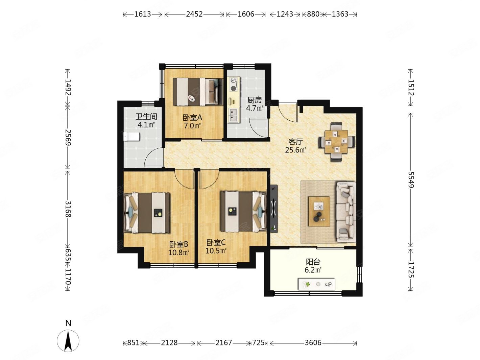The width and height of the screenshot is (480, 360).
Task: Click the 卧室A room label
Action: coord(192,118)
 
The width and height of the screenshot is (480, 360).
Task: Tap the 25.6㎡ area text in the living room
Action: coord(295,150)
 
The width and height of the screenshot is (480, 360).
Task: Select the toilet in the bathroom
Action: coord(131,137)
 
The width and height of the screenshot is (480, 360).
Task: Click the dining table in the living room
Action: coord(336,142)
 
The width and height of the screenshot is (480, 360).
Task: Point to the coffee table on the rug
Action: coord(319,211)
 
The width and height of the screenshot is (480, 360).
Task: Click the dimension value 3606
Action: coord(313,342)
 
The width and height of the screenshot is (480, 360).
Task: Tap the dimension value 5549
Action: coord(411,180)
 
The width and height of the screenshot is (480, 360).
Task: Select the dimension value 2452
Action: coord(194,14)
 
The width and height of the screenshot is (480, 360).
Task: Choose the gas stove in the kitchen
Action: coord(234,84)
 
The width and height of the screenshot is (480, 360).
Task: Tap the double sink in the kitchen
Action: coord(234,115)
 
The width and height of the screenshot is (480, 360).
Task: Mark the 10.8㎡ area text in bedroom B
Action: coord(179,253)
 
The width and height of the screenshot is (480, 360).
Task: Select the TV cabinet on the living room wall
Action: coord(274,208)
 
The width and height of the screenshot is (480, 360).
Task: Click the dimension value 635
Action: coord(68,255)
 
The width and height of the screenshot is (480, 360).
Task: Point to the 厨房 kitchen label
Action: coord(254,100)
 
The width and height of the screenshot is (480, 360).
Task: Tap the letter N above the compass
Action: coord(68,323)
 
